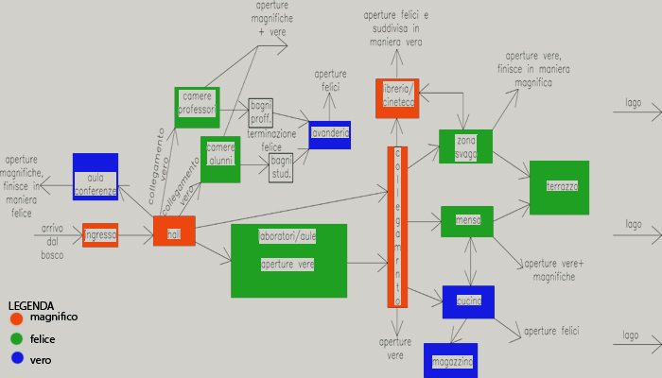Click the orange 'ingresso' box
[x=100, y=235]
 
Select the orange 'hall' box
[x=174, y=231]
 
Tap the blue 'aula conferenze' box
[x=96, y=177]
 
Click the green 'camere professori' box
[x=197, y=108]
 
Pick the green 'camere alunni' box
[x=220, y=159]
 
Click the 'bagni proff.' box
[x=260, y=112]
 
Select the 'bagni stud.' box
[x=281, y=168]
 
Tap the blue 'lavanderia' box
[x=329, y=134]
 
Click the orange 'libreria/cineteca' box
[x=397, y=98]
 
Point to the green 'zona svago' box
[x=465, y=146]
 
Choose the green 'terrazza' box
[x=559, y=187]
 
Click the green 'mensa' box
[x=467, y=221]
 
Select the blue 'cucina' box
[x=468, y=301]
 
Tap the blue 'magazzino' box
[x=449, y=361]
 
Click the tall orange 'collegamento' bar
[x=397, y=227]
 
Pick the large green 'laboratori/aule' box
[x=288, y=260]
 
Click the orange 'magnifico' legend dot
[x=16, y=318]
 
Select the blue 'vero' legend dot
[x=16, y=359]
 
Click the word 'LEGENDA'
[x=30, y=306]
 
